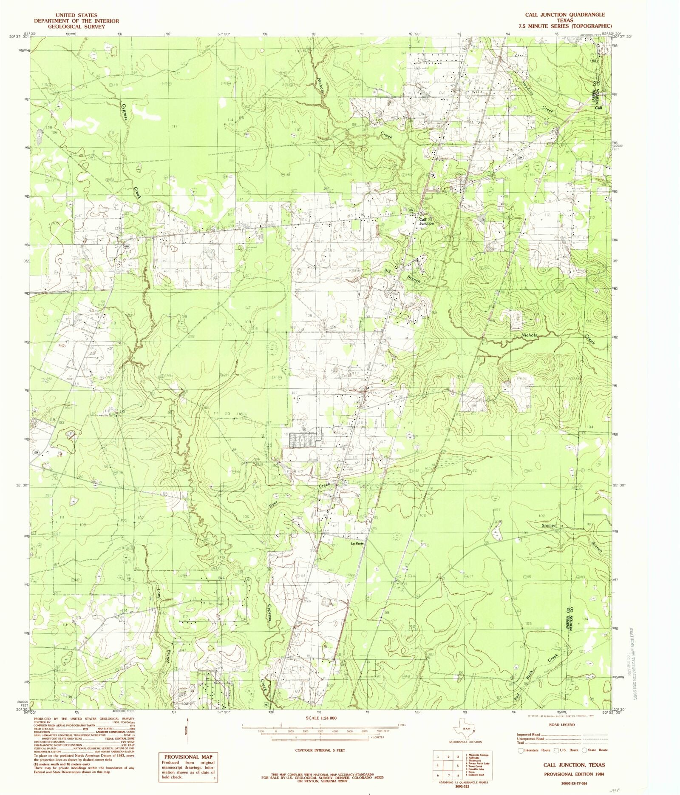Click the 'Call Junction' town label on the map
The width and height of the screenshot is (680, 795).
(x=426, y=221)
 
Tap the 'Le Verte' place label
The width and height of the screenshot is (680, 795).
(x=357, y=544)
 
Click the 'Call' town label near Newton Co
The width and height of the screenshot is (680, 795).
(x=598, y=108)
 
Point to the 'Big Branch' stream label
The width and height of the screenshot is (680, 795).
(x=402, y=276)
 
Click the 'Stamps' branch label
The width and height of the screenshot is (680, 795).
(x=549, y=526)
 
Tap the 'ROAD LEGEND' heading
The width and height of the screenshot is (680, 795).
(x=562, y=724)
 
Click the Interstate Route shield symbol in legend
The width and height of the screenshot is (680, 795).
(x=521, y=751)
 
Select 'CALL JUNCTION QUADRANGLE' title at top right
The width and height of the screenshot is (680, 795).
(x=565, y=15)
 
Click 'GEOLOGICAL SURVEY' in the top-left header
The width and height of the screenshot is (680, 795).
(x=76, y=26)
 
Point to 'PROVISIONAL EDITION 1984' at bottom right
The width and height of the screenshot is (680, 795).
(x=574, y=774)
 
